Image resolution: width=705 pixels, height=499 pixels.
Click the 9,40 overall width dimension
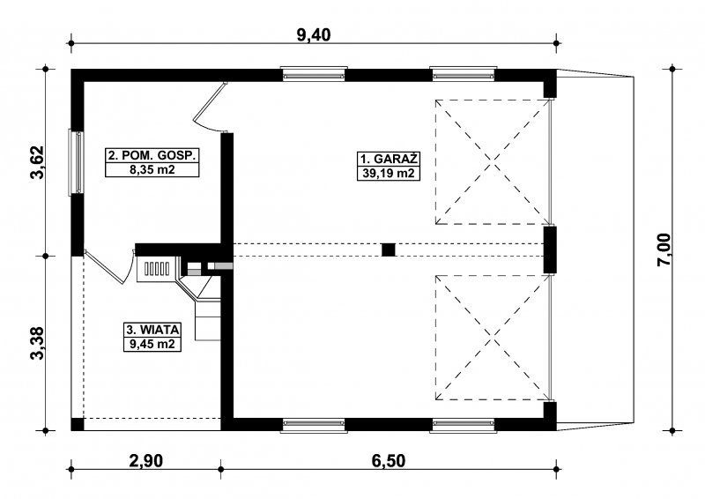coord(314,34)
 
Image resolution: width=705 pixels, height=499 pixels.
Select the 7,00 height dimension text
coord(664,250)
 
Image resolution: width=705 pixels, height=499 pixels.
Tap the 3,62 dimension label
coord(38,162)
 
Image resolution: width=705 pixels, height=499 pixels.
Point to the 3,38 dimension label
coord(38,343)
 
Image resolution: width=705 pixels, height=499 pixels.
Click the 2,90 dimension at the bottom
coord(145,461)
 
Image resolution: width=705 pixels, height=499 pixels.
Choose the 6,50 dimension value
coord(389,461)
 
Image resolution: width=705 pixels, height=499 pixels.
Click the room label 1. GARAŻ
coord(389,160)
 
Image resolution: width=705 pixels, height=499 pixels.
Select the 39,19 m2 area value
coord(389,173)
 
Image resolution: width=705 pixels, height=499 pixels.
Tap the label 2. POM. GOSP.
coord(152,155)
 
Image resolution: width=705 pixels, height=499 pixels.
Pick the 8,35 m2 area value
coord(152,169)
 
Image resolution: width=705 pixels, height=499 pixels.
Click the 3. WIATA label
coord(152,330)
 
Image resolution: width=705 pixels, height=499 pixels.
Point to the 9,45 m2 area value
coord(152,344)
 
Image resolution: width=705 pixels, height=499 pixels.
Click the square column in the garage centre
coord(389,249)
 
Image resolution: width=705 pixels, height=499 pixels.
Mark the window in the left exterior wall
coord(77,162)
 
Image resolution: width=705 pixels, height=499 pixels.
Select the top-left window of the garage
coord(314,74)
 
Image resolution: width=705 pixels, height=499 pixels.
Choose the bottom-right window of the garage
coord(464,425)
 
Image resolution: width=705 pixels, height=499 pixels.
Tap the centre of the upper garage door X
coord(493,162)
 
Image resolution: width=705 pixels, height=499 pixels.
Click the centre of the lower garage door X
coord(493,338)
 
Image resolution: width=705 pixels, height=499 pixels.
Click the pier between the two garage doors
coord(550,249)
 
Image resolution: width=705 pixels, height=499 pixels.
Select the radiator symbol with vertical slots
coord(157,269)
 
